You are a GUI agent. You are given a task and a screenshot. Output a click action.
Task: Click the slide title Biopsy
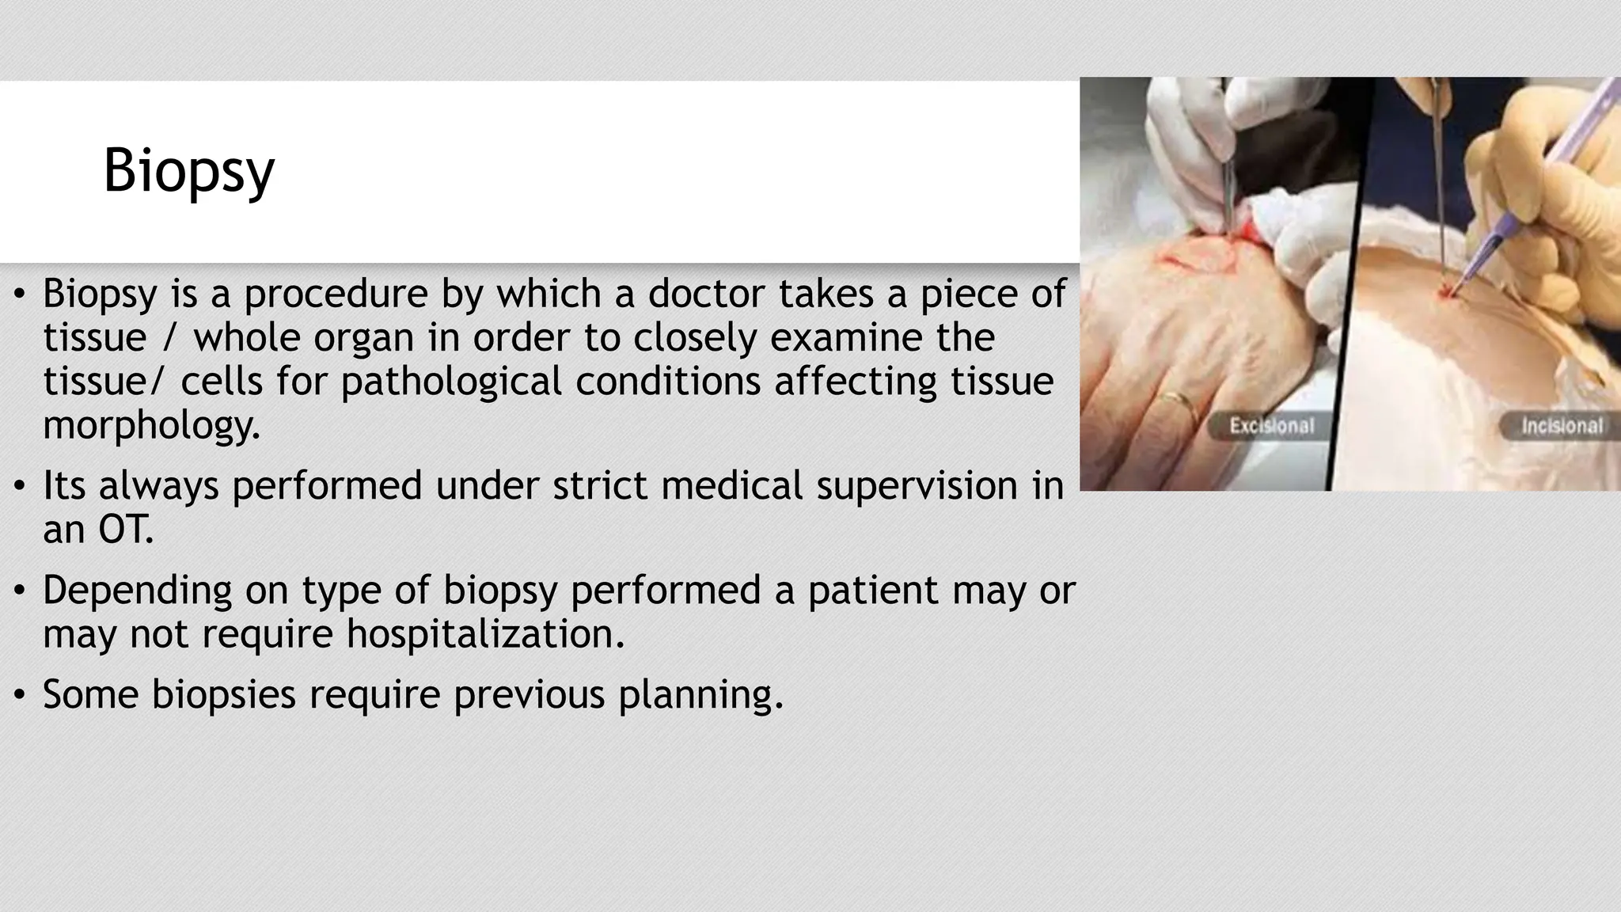point(188,171)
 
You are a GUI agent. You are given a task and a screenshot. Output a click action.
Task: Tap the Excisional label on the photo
point(1271,427)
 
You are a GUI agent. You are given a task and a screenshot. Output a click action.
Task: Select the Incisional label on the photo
point(1562,427)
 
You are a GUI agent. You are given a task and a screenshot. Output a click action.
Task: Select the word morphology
point(150,426)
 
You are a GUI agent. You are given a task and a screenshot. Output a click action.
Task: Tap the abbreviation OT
point(124,529)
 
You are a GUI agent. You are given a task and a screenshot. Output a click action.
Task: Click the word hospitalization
point(485,633)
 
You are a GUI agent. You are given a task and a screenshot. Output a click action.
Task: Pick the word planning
point(700,694)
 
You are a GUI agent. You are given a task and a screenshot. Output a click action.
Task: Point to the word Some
point(90,694)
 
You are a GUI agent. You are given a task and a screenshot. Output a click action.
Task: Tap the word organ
point(364,338)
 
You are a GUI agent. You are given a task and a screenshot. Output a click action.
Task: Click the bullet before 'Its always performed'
point(21,485)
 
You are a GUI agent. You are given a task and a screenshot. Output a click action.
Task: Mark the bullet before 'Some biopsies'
point(21,694)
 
